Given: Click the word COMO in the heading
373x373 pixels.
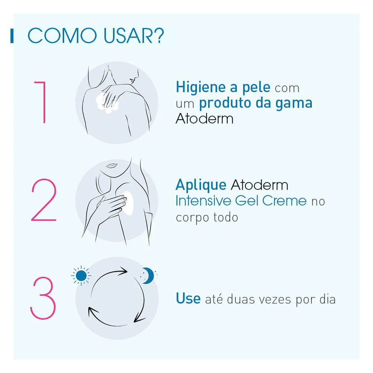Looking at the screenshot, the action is tap(62, 36).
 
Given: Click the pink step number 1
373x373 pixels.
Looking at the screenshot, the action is tap(40, 102).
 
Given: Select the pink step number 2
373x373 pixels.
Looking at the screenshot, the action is tap(44, 200).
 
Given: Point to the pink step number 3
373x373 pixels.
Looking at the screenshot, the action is tap(43, 298).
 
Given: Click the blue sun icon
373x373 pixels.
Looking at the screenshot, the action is tap(81, 276).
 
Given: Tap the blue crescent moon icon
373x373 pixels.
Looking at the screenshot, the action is tap(148, 276).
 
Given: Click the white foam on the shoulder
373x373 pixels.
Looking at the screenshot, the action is tap(107, 103).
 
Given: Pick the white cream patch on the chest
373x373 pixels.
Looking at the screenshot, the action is tap(128, 203).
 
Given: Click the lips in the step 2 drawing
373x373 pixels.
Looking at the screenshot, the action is tap(111, 165).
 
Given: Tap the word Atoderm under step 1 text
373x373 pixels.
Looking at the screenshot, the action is tap(204, 119).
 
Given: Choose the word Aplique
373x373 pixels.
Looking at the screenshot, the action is tap(201, 185).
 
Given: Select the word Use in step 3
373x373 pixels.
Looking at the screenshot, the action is tap(188, 298).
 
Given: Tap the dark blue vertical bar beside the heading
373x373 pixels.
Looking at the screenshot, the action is tap(12, 36).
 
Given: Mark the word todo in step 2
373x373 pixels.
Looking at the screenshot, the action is tap(226, 217).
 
